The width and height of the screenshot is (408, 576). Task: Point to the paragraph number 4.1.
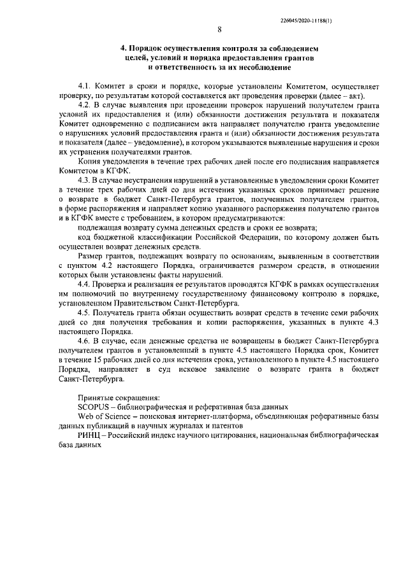click(84, 85)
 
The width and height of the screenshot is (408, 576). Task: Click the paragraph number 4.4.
click(84, 283)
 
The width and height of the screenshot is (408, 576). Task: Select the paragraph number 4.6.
click(84, 341)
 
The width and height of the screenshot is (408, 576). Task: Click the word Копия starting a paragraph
click(89, 162)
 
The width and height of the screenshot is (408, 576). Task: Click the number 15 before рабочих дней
click(94, 359)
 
